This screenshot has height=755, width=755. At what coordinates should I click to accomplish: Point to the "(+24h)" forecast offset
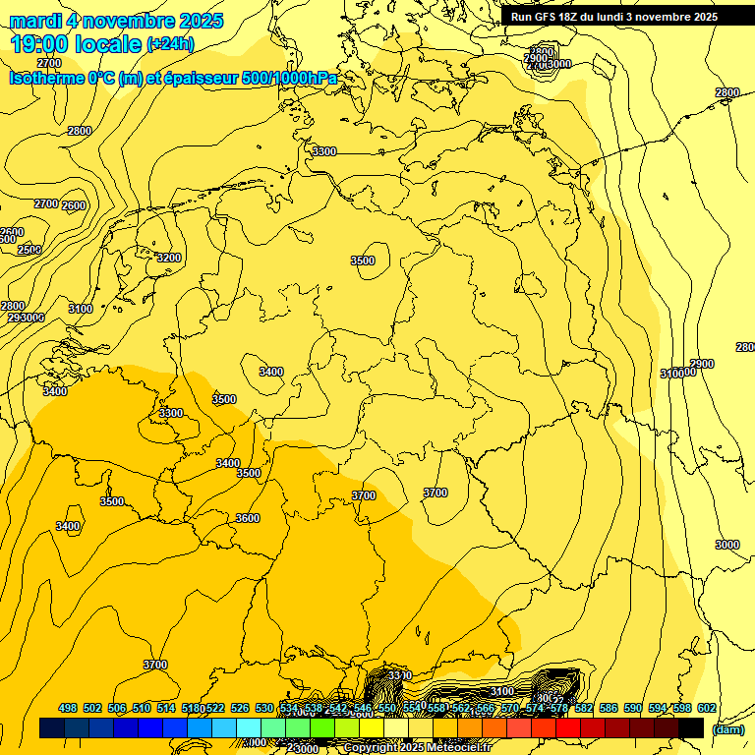point(170,43)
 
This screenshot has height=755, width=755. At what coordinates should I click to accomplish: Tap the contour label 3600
point(248,518)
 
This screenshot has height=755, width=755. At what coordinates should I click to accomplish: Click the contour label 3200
point(169,258)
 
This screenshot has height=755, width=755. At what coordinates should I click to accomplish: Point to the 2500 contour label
point(29,250)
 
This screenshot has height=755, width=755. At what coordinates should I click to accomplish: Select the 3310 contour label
point(399,675)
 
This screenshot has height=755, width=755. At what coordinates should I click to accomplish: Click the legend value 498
point(68,708)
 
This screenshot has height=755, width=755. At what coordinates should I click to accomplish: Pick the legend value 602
point(707,708)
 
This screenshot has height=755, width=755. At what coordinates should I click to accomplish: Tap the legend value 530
point(264,708)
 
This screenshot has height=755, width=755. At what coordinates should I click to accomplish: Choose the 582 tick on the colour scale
point(584,708)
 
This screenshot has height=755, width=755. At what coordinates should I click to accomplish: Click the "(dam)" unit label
point(728,728)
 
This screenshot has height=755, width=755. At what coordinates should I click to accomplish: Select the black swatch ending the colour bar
point(691,727)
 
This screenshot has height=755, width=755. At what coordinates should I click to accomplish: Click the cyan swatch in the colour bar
point(249,727)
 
